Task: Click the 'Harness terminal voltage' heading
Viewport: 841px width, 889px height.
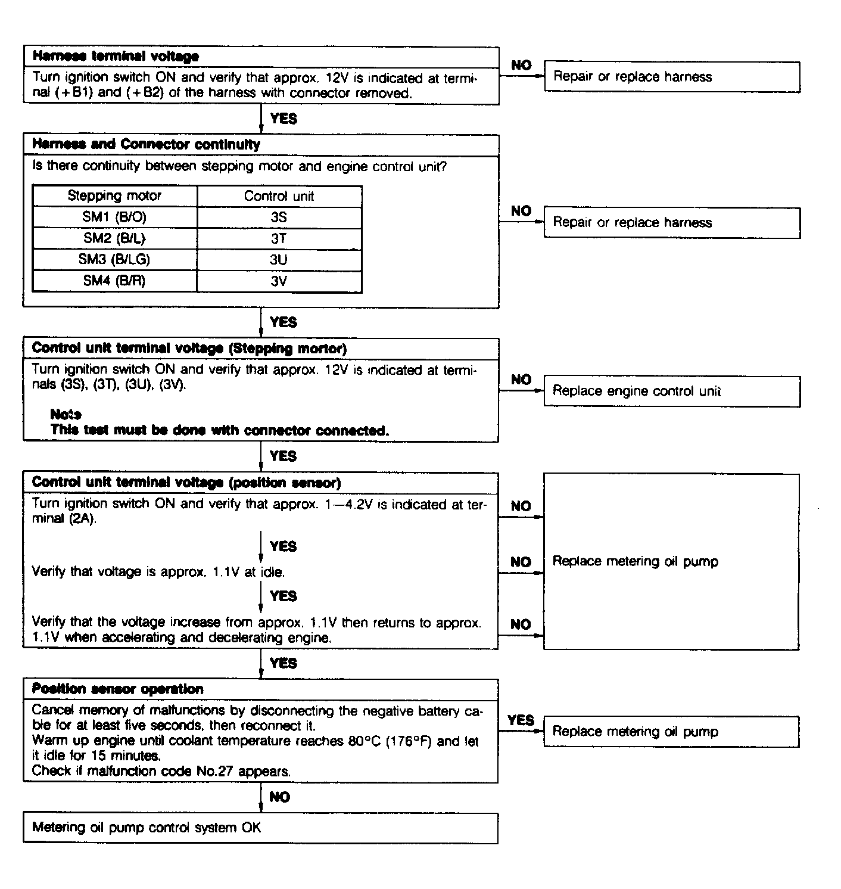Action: pos(116,57)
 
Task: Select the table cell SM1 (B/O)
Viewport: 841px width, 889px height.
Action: pos(114,217)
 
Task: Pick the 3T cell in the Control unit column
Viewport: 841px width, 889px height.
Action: pos(279,238)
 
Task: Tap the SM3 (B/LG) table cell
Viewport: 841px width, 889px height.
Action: pos(114,259)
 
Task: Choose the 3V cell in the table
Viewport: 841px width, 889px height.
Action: pos(279,281)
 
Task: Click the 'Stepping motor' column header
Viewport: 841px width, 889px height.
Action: pos(114,196)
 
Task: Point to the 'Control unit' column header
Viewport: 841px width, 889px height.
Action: pos(279,196)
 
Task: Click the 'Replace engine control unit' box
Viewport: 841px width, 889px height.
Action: pos(671,391)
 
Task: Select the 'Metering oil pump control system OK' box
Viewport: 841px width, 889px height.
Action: pos(260,828)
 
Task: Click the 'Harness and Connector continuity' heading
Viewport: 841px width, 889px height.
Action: pos(146,145)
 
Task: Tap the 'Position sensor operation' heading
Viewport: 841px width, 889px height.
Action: pos(117,689)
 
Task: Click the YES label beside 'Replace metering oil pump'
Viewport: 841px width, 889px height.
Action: pos(521,720)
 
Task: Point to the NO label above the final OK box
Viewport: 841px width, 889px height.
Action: pos(279,797)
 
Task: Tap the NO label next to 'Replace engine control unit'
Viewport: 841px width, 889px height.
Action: pos(521,380)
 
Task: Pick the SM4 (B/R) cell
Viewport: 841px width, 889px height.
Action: pos(114,281)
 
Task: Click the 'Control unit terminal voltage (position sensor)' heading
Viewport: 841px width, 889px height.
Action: pos(186,483)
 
